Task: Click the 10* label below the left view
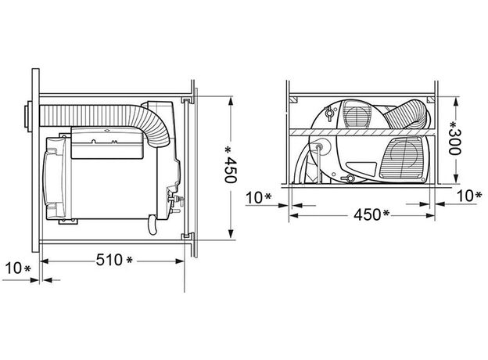coord(16,269)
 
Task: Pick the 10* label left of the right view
coord(257,196)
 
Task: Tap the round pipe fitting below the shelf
coord(319,147)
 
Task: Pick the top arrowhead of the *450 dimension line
coord(231,101)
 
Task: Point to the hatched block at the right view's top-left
coord(293,100)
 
